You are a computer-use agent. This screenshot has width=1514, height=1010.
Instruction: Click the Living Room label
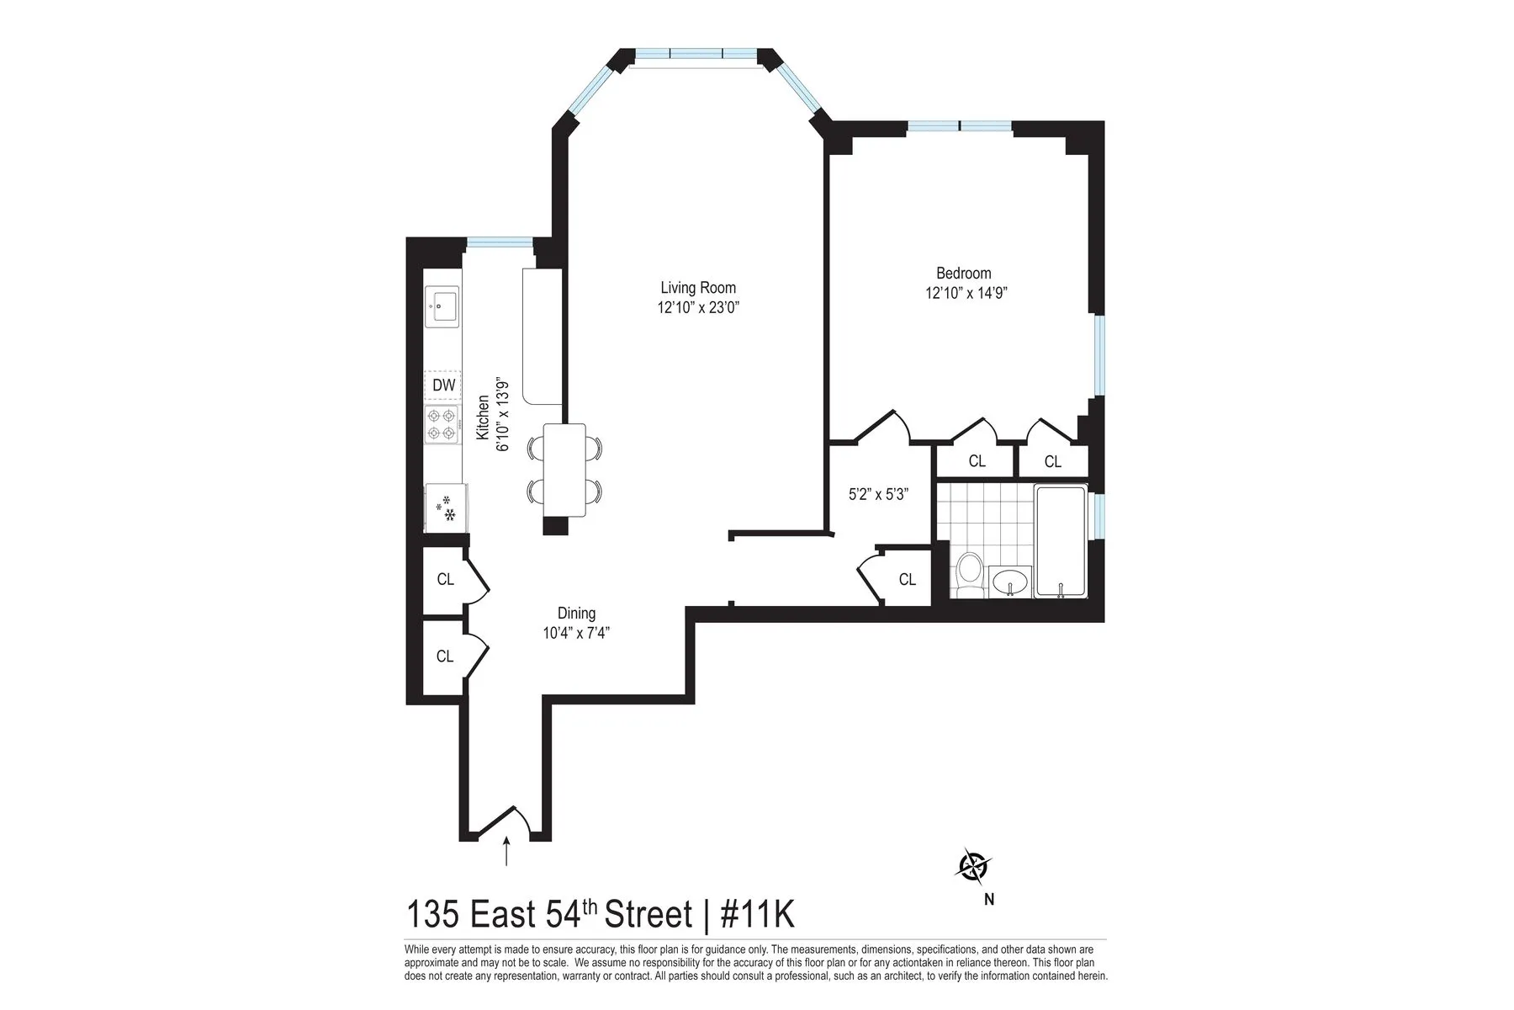coord(698,288)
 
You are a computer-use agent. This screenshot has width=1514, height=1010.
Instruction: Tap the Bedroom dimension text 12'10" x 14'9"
coord(966,294)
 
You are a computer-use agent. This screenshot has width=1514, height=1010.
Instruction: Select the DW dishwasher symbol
coord(443,385)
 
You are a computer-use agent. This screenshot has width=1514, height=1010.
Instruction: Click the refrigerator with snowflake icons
coord(446,508)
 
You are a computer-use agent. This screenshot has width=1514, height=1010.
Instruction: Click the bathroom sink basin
coord(1010,581)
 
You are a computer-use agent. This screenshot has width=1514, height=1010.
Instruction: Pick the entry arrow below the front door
coord(506,851)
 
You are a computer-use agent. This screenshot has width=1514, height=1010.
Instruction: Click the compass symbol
coord(973,866)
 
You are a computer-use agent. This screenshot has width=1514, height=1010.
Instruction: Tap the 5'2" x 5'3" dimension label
coord(877,495)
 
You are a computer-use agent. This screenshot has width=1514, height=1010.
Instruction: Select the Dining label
coord(576,614)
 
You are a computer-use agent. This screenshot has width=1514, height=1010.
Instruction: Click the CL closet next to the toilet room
coord(907,579)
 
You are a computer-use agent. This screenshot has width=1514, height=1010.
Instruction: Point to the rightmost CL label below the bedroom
coord(1052,461)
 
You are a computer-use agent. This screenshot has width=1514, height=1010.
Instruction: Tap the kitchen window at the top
coord(500,243)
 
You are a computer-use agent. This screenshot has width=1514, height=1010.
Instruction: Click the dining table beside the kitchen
coord(564,470)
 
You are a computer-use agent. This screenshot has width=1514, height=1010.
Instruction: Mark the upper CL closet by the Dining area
coord(445,579)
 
